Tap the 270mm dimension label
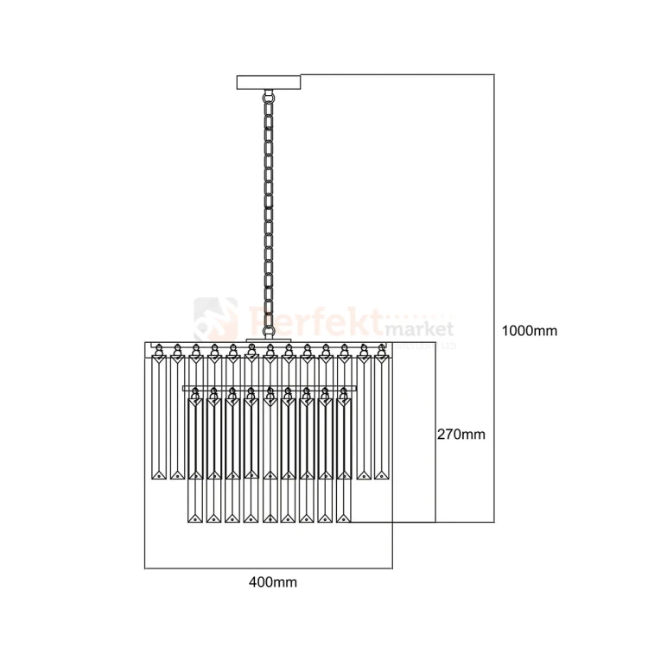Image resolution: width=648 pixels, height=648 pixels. point(461,434)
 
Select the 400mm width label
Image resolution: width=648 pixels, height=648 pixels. point(272,582)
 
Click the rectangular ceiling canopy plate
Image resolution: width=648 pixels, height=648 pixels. point(270,83)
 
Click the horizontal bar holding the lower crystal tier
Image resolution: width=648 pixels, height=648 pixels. point(270,385)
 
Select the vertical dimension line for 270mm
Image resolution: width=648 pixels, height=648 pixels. point(435,432)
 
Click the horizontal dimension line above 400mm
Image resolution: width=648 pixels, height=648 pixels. point(268,568)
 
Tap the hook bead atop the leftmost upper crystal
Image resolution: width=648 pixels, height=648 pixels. point(158,350)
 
